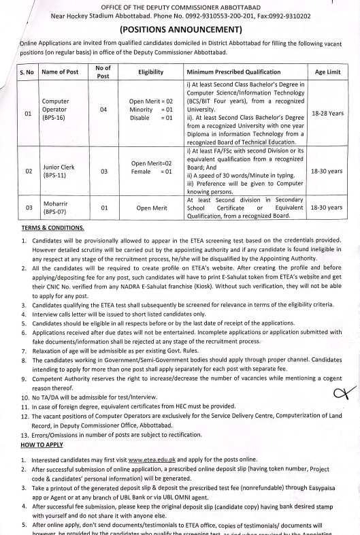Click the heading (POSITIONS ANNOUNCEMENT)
click(x=180, y=30)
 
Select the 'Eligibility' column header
click(x=148, y=71)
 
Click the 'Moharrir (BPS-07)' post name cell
click(x=55, y=206)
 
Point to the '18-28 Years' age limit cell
click(x=327, y=113)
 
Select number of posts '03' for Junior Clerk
click(x=103, y=172)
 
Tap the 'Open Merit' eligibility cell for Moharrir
click(x=148, y=207)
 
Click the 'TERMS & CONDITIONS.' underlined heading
click(x=52, y=227)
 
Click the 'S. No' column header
click(x=27, y=71)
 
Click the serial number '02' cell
click(x=27, y=172)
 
